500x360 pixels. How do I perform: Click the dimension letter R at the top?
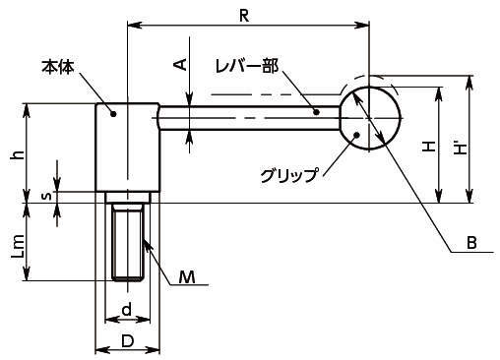tap(244, 16)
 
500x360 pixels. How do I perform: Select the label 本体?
tap(57, 67)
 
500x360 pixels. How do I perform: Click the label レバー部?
tap(247, 67)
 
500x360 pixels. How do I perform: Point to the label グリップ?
tap(289, 175)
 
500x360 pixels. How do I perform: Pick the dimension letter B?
tap(471, 243)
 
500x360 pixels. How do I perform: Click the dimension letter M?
tap(187, 277)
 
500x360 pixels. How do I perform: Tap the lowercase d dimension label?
tap(127, 309)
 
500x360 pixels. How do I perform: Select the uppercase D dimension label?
tap(127, 341)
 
